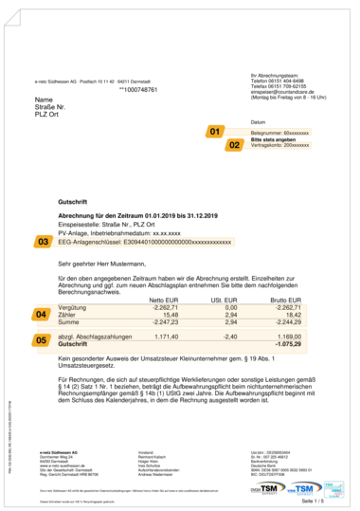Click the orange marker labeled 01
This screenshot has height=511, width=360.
(215, 131)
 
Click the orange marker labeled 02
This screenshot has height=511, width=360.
(234, 145)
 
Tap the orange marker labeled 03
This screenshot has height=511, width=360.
(44, 243)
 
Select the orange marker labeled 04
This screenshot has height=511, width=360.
(42, 314)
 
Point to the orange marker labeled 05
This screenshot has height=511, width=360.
(42, 338)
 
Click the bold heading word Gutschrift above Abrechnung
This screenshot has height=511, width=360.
(74, 203)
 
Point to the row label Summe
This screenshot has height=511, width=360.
(69, 321)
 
